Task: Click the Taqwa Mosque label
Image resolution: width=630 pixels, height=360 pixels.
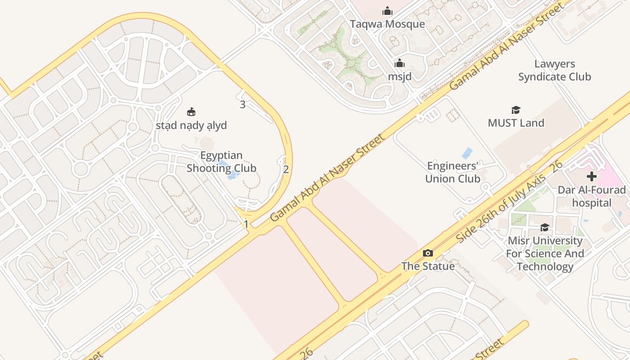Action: (387, 24)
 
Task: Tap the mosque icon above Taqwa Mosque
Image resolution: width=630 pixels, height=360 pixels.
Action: (387, 11)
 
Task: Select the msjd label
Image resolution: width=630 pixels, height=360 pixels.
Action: (400, 76)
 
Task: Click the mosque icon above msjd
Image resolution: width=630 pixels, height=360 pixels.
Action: (400, 63)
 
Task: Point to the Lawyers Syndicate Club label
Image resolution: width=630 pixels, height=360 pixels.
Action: (554, 70)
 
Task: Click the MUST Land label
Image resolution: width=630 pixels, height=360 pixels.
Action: (516, 123)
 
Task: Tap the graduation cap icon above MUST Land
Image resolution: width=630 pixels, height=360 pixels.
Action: (516, 110)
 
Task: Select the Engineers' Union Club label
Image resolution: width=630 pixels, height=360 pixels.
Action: (453, 172)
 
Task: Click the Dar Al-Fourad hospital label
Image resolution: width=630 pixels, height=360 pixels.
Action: (591, 196)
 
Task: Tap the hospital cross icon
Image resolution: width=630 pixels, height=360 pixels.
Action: (591, 176)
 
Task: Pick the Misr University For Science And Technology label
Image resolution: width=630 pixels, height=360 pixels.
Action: (544, 253)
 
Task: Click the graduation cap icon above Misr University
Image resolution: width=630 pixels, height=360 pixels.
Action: (544, 227)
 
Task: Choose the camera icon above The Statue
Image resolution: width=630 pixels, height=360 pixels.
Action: (428, 253)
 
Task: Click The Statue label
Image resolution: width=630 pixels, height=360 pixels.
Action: (428, 266)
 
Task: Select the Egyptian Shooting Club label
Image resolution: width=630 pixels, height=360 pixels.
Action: (221, 162)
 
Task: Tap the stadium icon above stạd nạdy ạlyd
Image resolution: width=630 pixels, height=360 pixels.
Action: (191, 112)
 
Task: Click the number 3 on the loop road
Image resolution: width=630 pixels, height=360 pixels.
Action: (243, 105)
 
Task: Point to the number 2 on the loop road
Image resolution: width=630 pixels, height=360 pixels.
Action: (286, 170)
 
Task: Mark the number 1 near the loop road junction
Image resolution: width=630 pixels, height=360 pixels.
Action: (246, 224)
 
